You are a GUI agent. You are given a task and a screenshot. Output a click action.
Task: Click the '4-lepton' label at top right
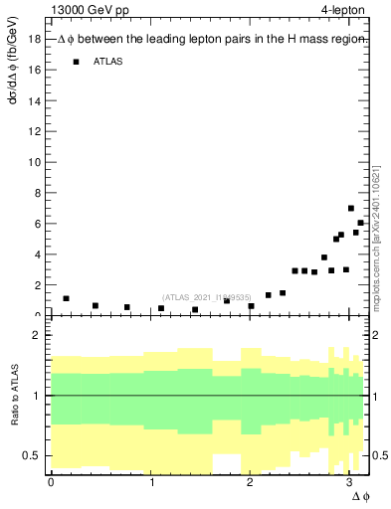point(343,11)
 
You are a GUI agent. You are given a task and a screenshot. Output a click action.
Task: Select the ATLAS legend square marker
point(76,62)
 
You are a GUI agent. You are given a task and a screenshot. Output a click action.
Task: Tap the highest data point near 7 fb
point(351,209)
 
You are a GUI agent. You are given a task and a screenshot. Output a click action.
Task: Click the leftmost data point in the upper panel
point(66,298)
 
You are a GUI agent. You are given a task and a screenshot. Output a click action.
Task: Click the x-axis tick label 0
point(51,481)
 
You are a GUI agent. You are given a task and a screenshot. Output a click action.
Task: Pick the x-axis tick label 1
point(151,481)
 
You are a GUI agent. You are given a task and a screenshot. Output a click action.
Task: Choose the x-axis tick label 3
point(348,481)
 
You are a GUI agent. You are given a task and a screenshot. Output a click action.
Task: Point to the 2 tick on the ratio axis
point(37,336)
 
